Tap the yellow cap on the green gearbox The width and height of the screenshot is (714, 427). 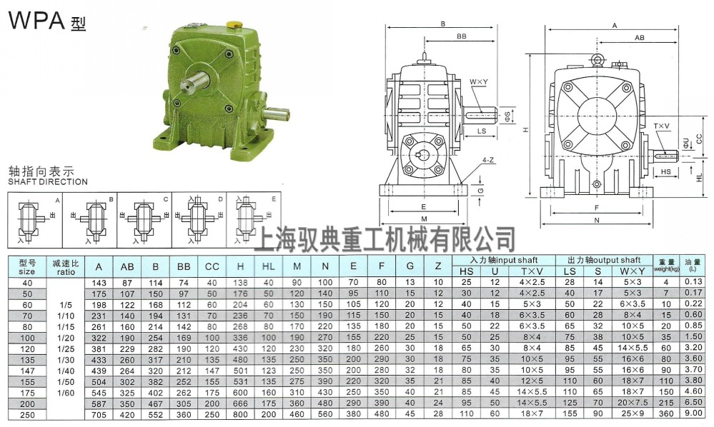click(232, 25)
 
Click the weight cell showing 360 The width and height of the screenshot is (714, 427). click(665, 415)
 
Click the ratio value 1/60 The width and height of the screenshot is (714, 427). click(66, 393)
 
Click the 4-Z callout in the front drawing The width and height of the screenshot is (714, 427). click(489, 161)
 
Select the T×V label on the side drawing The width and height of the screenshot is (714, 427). click(662, 126)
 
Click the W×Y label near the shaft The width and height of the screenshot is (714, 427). click(478, 83)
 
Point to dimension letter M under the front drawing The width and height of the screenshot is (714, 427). click(424, 219)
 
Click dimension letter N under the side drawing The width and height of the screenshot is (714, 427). click(597, 221)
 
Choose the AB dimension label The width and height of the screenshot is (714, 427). click(640, 36)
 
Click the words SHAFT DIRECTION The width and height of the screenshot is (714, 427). click(47, 182)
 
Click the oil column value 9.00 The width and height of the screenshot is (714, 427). click(693, 415)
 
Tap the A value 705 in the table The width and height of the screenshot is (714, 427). click(99, 415)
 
